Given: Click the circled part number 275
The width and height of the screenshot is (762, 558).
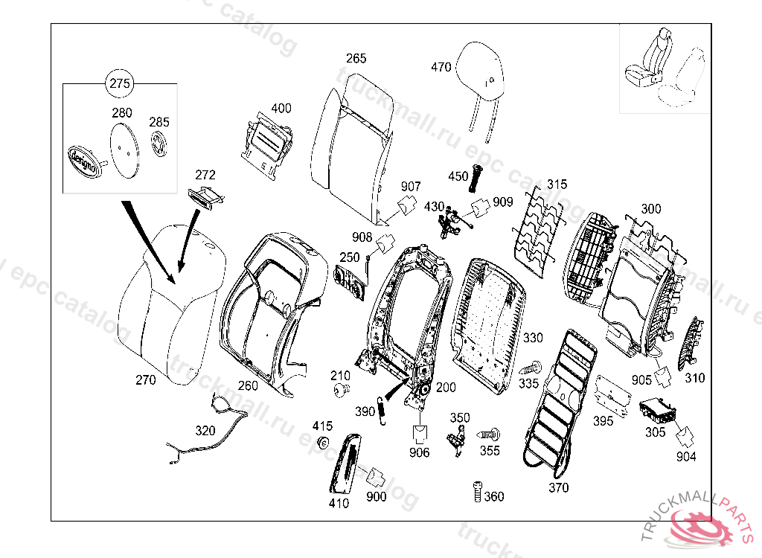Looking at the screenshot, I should (x=120, y=83).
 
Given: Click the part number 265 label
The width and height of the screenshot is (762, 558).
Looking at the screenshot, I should (x=356, y=58).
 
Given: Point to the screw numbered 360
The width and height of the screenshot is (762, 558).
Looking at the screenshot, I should (x=477, y=493).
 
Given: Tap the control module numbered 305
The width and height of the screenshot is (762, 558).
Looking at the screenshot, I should (x=656, y=411).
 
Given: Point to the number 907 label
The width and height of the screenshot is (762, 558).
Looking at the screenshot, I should (x=411, y=186).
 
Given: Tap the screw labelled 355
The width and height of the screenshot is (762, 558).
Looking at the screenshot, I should (x=490, y=432).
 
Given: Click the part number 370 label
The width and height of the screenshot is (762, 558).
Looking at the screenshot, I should (x=558, y=487).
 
